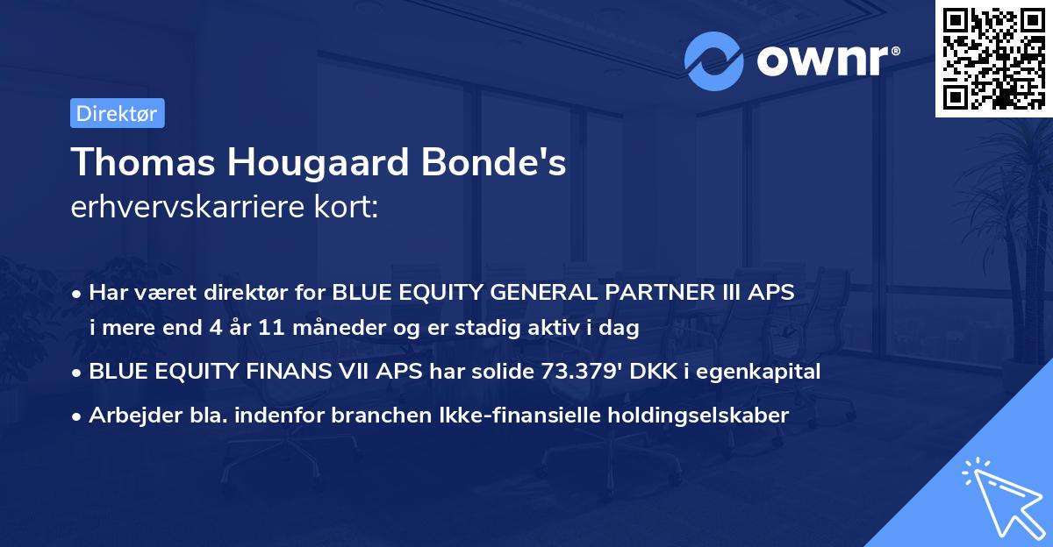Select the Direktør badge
[117, 113]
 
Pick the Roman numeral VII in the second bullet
[337, 372]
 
